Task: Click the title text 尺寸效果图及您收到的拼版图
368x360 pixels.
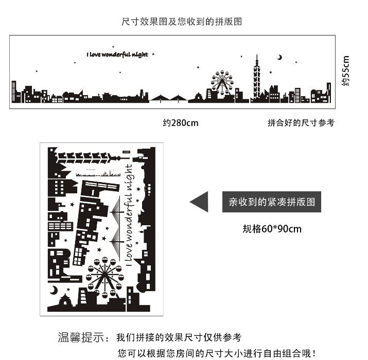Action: coord(182,22)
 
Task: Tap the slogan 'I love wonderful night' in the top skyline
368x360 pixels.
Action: coord(117,54)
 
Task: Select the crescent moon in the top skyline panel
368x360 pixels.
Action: coord(280,57)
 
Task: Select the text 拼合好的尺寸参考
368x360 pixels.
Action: coord(301,123)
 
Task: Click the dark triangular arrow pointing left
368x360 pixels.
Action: coord(199,201)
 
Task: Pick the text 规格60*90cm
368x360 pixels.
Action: coord(272,228)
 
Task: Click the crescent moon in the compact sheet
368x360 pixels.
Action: coord(54,291)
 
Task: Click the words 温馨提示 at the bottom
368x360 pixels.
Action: coord(82,338)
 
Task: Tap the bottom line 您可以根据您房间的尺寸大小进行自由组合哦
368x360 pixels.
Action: coord(216,353)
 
